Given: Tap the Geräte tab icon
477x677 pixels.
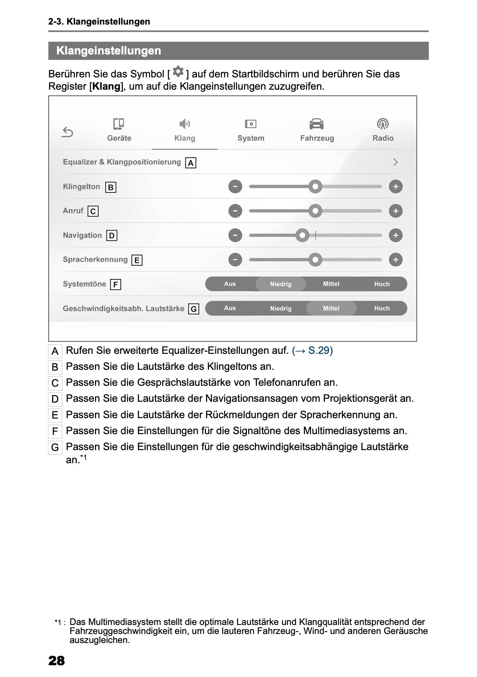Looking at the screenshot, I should point(119,124).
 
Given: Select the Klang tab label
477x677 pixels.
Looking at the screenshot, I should point(185,138).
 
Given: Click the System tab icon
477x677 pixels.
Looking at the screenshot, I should point(251,124).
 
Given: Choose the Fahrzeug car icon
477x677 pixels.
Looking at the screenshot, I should point(316,124).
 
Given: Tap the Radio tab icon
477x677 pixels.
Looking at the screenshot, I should point(383,124).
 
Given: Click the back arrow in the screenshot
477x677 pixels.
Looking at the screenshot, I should point(68,132).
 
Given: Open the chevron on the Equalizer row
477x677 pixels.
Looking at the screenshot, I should point(395,162).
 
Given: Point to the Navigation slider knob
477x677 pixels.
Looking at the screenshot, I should point(302,235).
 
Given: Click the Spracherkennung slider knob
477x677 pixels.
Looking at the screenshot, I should point(315,260).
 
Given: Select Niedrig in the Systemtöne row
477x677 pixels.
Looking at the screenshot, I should point(280,284).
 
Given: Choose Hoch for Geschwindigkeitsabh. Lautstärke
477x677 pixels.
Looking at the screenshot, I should point(382,308).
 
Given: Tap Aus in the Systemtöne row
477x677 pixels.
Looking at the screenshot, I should point(230,284).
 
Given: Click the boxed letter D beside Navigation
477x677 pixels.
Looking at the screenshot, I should point(111,236).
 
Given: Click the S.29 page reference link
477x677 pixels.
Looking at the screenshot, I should point(312,351).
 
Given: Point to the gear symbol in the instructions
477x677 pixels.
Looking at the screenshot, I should point(178,72).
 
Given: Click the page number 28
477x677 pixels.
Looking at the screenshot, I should point(57,661).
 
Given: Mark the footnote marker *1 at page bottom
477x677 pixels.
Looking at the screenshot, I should point(60,623).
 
